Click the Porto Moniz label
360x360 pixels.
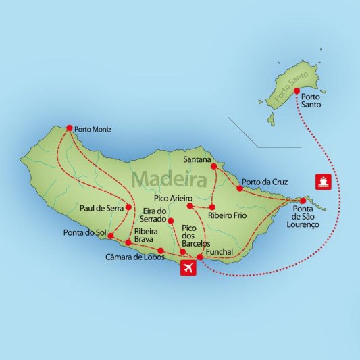(94, 129)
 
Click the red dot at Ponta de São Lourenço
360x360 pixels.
(303, 201)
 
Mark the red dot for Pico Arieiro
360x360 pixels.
(190, 205)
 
